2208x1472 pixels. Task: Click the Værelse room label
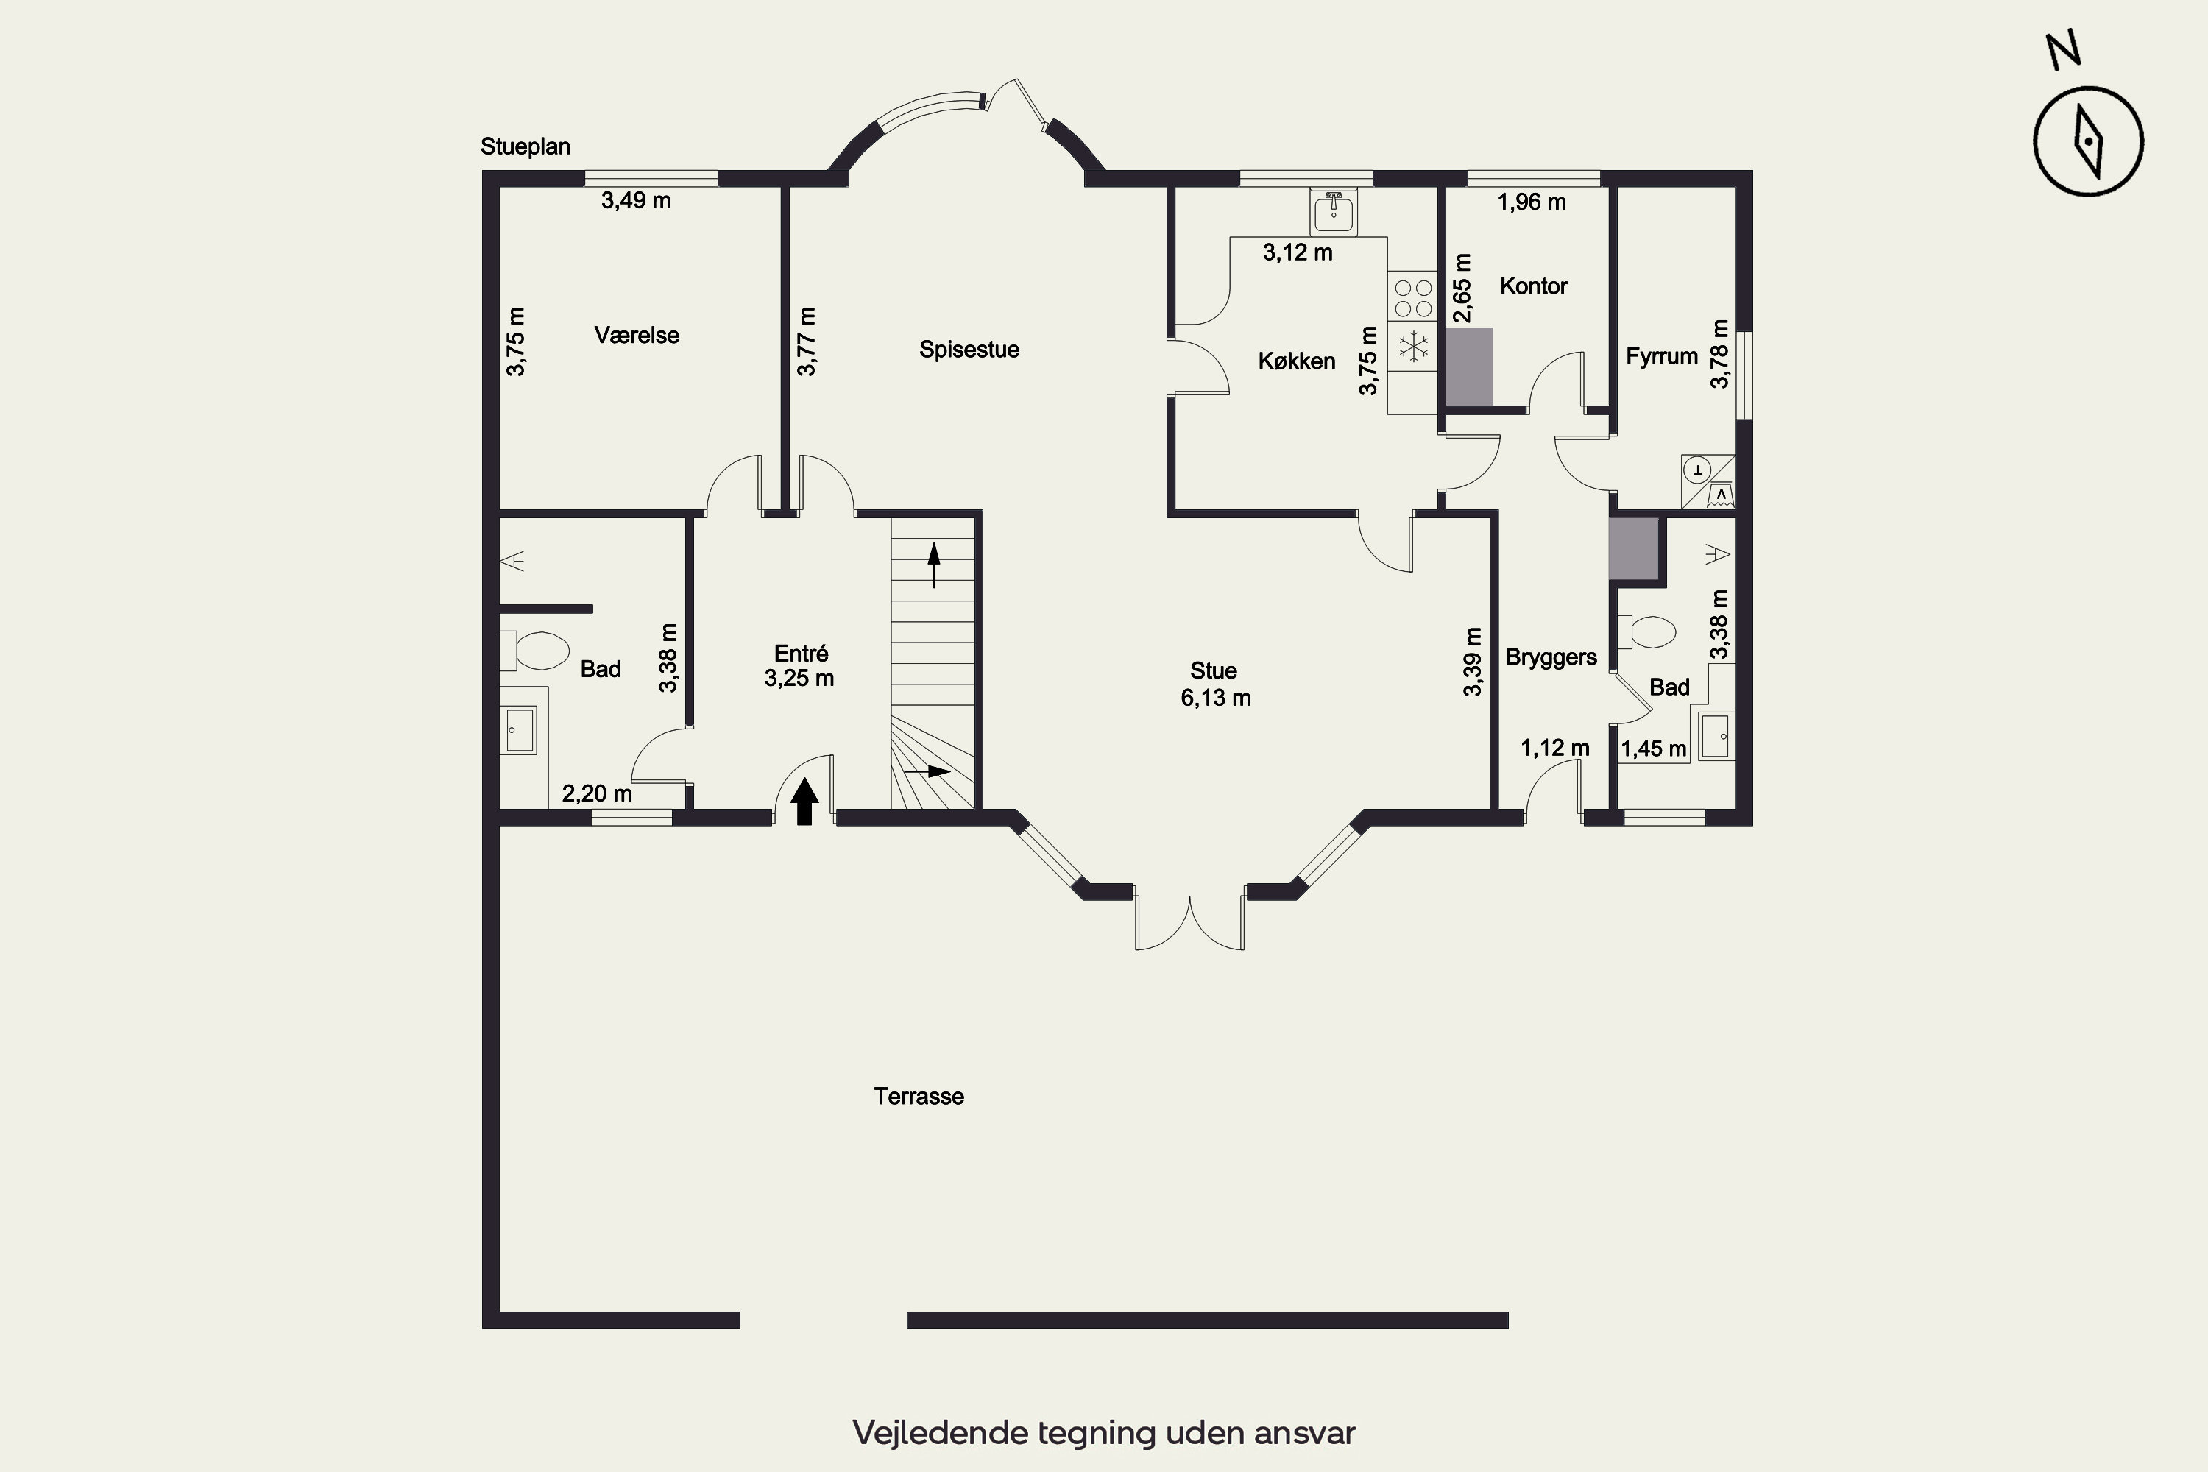(x=637, y=335)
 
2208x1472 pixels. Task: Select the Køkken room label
(x=1296, y=361)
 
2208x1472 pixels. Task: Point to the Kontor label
(x=1533, y=286)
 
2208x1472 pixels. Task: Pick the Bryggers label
(x=1551, y=657)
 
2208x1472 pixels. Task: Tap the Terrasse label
(x=919, y=1097)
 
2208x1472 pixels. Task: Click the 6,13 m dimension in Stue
(x=1216, y=698)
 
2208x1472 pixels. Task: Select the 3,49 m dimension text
(x=637, y=200)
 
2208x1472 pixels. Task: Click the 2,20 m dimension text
(x=597, y=793)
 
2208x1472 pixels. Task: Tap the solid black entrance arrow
(x=804, y=802)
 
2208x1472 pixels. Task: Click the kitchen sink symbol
(x=1333, y=212)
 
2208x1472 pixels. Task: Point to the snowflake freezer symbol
(x=1413, y=347)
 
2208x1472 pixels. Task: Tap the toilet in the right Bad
(x=1646, y=631)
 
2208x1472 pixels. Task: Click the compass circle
(x=2088, y=142)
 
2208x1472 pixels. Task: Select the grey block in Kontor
(x=1469, y=367)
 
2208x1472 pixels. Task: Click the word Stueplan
(x=526, y=146)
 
